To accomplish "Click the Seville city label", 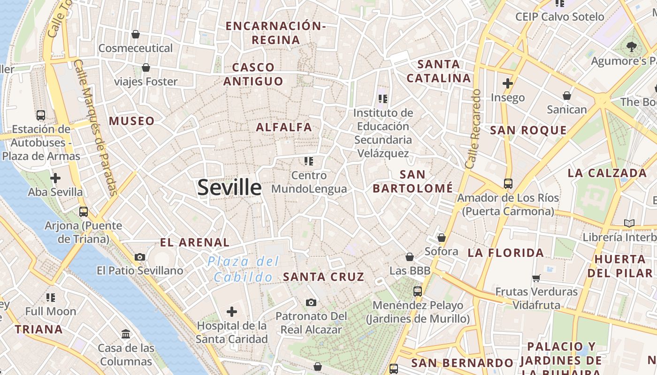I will [229, 187].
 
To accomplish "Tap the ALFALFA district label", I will [284, 127].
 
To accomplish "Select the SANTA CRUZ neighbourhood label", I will [324, 277].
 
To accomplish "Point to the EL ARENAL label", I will [195, 242].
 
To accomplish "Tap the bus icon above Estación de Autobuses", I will [41, 115].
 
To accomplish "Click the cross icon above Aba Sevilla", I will [55, 178].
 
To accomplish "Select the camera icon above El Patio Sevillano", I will [140, 257].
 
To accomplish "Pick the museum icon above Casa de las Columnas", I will [126, 334].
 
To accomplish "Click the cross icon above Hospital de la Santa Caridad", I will [232, 312].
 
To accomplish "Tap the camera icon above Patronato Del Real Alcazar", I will [311, 302].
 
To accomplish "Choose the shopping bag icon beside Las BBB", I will [410, 257].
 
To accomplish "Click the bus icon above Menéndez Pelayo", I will [418, 292].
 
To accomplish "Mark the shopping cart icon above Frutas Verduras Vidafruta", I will [536, 278].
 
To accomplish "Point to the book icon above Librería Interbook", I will [629, 223].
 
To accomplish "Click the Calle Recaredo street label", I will [473, 129].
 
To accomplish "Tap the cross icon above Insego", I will [507, 84].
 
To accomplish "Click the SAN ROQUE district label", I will [528, 130].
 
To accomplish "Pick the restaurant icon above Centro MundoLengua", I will [309, 162].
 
